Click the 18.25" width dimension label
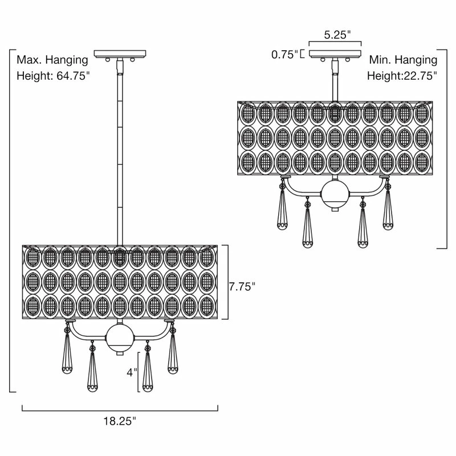click(120, 421)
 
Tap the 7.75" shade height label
click(242, 287)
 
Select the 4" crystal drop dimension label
click(132, 372)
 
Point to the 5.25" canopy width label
click(337, 35)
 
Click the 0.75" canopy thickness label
click(285, 54)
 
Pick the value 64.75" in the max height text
click(73, 76)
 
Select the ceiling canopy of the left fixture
click(120, 54)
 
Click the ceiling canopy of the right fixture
click(335, 54)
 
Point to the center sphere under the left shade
click(120, 338)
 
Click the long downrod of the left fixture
click(120, 151)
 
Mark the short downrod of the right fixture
click(335, 80)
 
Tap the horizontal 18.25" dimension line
click(120, 410)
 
